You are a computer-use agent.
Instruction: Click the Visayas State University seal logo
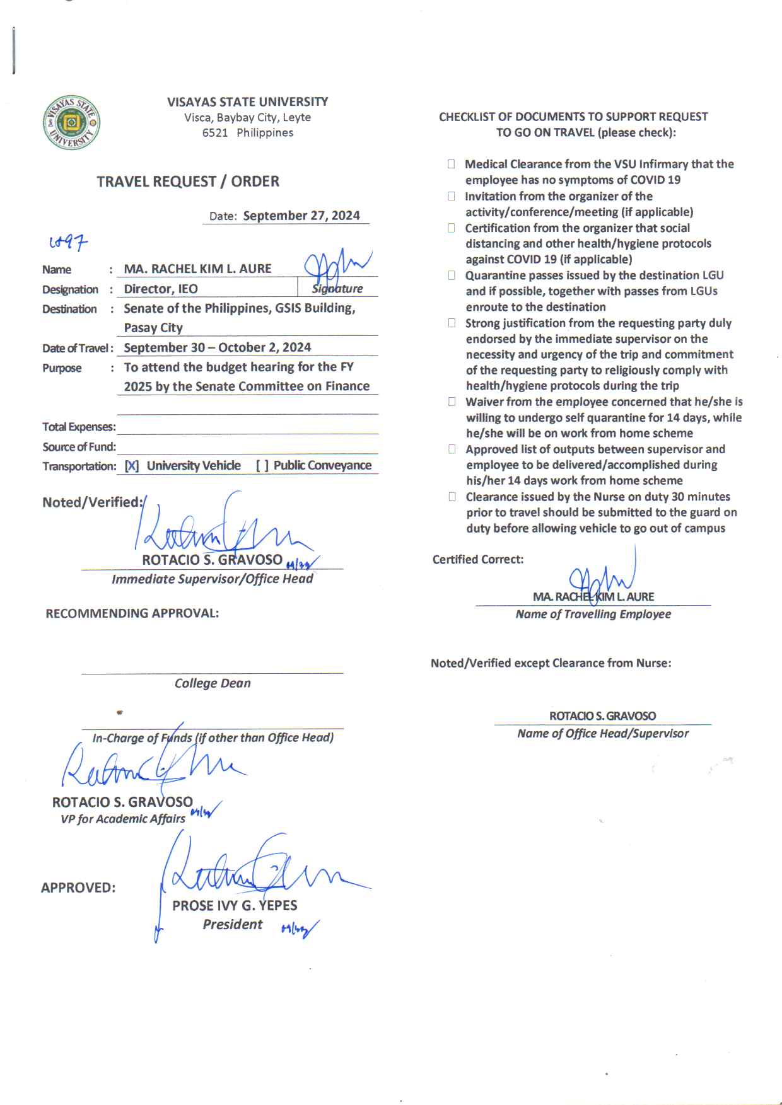click(x=71, y=122)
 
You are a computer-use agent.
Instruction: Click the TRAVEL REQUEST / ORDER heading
click(x=188, y=182)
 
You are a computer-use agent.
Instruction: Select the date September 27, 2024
click(x=301, y=216)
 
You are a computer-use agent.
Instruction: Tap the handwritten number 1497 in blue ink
click(x=68, y=241)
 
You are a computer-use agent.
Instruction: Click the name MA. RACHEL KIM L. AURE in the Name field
click(x=197, y=269)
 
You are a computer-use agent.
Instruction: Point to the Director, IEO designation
click(x=161, y=289)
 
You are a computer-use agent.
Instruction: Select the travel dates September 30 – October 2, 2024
click(x=218, y=347)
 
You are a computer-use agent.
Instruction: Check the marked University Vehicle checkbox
click(x=132, y=466)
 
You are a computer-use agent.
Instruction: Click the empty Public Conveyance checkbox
click(x=262, y=466)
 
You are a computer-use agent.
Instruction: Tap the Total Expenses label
click(x=79, y=427)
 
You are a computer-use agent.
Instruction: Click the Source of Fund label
click(x=79, y=447)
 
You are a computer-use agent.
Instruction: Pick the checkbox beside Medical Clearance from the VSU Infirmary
click(x=452, y=164)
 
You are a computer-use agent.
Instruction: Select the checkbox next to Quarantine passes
click(x=452, y=275)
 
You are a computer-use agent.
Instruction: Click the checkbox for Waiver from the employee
click(x=452, y=402)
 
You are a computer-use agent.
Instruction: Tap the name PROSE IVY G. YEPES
click(x=235, y=905)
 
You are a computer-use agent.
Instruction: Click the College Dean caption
click(x=213, y=683)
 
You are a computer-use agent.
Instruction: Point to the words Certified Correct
click(x=478, y=559)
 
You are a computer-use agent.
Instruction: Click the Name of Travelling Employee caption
click(x=593, y=614)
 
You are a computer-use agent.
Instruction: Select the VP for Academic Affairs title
click(x=123, y=819)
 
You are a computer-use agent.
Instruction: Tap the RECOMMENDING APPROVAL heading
click(x=132, y=613)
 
